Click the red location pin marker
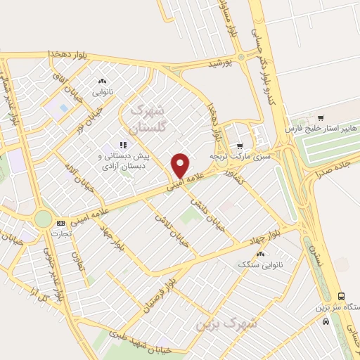point(181,165)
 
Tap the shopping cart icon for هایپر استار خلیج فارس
point(321,117)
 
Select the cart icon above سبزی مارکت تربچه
point(240,146)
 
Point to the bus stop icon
point(341,297)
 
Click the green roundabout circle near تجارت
point(43,219)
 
